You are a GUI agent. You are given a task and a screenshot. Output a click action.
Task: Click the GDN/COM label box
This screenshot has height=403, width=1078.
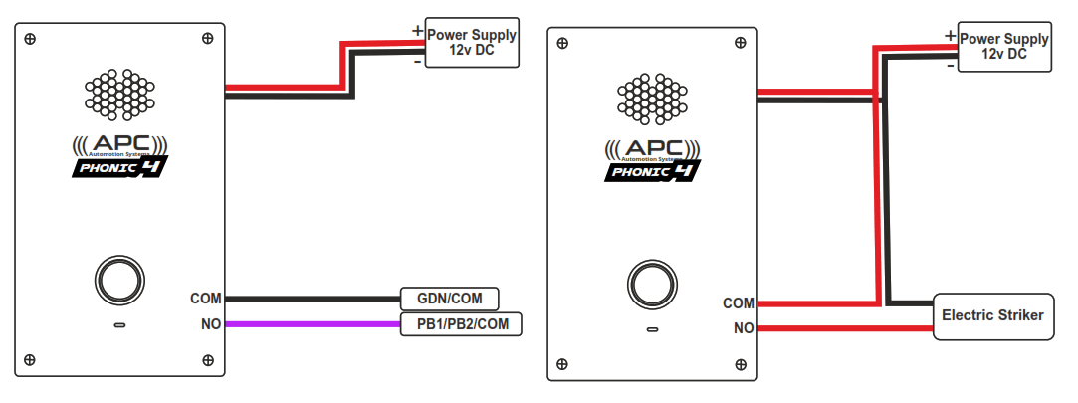(449, 299)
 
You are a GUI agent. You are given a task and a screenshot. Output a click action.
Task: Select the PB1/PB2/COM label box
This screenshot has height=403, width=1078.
(461, 324)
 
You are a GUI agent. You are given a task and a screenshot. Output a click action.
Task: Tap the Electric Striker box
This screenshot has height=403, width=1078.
(992, 315)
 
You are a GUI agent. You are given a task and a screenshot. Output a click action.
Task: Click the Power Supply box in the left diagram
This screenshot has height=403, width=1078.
(472, 42)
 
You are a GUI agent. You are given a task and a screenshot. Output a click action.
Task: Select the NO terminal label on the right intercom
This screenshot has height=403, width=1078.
(744, 327)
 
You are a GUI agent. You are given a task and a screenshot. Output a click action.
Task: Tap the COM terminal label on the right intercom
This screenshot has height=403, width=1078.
(739, 303)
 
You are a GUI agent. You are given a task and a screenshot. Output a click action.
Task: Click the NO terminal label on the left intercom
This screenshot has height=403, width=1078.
(211, 324)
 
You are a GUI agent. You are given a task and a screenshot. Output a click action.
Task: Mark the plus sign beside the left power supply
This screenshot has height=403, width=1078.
(416, 30)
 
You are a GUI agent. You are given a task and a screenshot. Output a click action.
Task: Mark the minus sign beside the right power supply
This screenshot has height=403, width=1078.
(951, 65)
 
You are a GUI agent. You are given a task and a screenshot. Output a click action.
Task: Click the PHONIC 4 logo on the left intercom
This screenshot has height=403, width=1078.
(120, 166)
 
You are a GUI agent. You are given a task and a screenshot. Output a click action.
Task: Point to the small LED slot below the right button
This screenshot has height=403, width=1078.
(652, 329)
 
